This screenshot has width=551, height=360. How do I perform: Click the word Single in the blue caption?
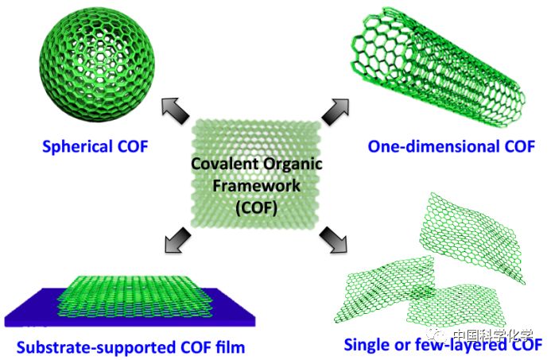click(x=367, y=344)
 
